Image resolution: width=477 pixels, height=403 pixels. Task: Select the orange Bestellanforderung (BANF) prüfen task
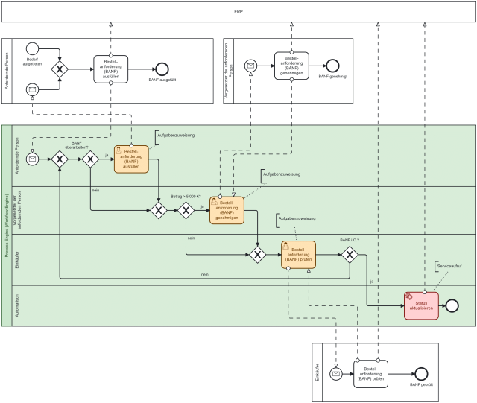[x=298, y=255]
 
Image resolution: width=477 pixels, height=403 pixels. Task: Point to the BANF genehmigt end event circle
[x=332, y=65]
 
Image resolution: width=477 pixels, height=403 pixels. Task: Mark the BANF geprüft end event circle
[x=421, y=373]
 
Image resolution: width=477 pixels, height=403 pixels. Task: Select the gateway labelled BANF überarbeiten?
[x=91, y=159]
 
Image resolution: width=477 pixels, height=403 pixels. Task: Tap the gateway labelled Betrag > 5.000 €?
[x=186, y=211]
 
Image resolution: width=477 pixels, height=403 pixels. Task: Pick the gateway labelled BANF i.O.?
[x=349, y=255]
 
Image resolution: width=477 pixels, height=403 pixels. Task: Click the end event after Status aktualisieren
[x=452, y=305]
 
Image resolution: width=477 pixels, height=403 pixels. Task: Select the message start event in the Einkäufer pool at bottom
[x=336, y=373]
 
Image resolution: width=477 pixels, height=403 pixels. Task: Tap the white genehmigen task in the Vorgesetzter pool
[x=291, y=66]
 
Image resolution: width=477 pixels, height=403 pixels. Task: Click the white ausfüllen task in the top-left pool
[x=111, y=69]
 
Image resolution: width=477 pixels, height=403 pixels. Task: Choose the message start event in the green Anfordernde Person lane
[x=32, y=159]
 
